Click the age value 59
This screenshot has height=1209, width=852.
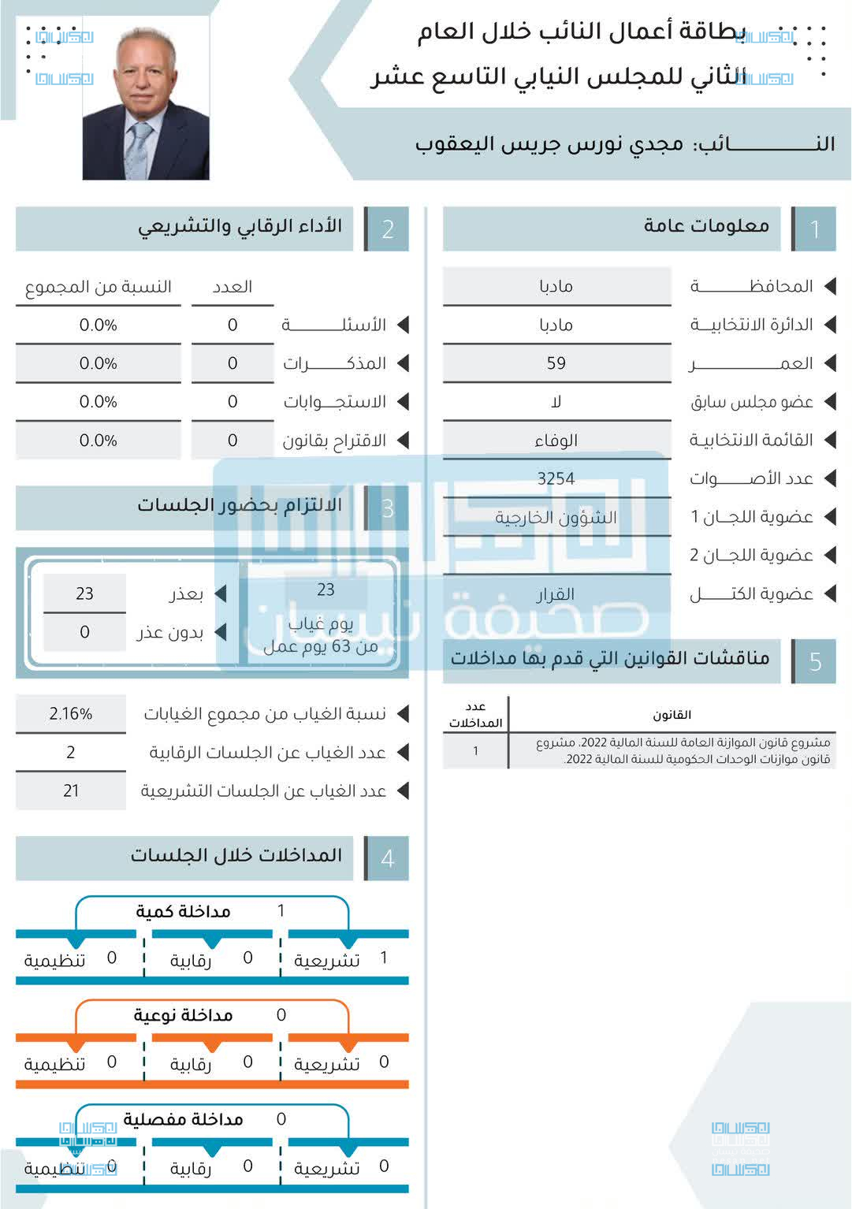coord(556,363)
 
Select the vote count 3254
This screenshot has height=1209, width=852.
coord(556,478)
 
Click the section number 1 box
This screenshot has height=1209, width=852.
coord(815,229)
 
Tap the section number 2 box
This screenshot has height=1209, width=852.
coord(387,229)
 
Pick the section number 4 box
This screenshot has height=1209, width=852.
coord(387,858)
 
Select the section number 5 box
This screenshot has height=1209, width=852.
coord(815,661)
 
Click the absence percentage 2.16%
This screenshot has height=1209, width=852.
coord(71,714)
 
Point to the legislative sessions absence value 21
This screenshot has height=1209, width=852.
coord(71,790)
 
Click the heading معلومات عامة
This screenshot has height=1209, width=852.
coord(706,226)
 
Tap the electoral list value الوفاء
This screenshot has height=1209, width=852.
coord(556,441)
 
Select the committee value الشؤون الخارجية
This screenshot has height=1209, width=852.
coord(556,518)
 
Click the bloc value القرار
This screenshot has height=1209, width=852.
coord(556,594)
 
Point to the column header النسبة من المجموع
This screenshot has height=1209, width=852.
coord(99,287)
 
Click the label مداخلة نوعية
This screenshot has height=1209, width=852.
coord(184,1015)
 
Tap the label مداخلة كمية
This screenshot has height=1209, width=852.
coord(184,912)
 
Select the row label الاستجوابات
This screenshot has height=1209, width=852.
coord(335,402)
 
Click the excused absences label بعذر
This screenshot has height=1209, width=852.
coord(186,593)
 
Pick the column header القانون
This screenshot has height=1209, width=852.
coord(672,715)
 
